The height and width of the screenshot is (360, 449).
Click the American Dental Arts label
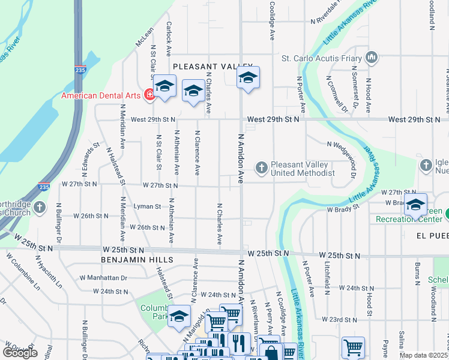click(x=100, y=95)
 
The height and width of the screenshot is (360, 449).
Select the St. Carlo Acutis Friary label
click(x=321, y=58)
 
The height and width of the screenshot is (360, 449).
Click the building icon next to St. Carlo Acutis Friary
click(x=372, y=58)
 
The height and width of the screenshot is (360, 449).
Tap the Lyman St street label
click(x=147, y=206)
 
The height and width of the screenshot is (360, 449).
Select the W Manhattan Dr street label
click(x=103, y=278)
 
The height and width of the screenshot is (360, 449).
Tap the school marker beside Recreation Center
click(x=415, y=205)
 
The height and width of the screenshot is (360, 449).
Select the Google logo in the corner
click(x=20, y=353)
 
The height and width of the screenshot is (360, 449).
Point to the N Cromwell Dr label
click(x=336, y=93)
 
